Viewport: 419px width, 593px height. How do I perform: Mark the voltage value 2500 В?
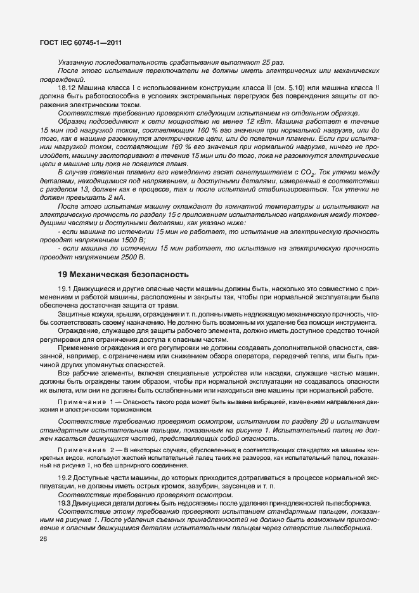coord(133,257)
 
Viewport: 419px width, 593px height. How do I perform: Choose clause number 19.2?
coord(65,476)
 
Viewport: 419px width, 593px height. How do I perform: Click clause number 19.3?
coord(65,502)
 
